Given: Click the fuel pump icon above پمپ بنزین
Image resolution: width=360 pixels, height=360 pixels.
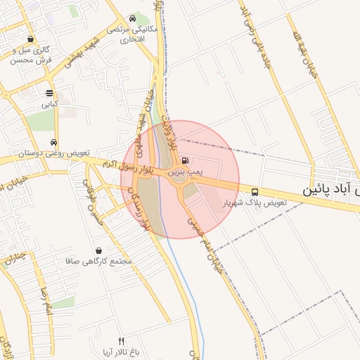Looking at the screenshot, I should click(185, 160).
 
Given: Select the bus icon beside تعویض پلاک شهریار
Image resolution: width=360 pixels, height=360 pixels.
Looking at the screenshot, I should click(255, 191).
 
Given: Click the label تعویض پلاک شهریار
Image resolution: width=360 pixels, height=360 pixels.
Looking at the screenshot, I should click(255, 202).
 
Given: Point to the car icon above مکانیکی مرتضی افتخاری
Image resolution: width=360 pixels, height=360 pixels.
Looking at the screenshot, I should click(133, 19).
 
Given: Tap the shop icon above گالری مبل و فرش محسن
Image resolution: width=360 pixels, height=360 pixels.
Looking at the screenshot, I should click(30, 39).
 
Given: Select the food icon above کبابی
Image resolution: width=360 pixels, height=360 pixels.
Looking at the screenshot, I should click(49, 94).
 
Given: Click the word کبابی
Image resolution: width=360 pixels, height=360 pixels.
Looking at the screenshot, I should click(49, 104).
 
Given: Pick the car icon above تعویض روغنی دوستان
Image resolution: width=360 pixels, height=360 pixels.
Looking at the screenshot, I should click(54, 143).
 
